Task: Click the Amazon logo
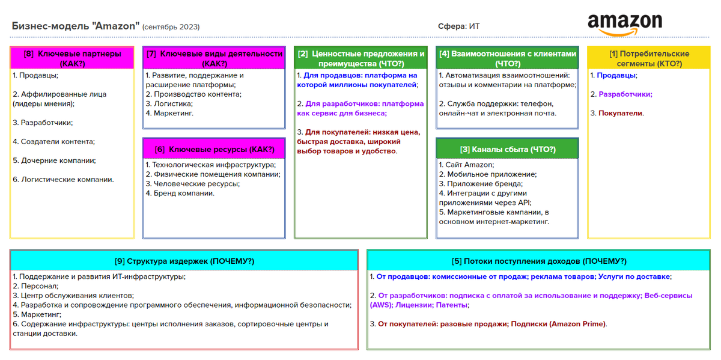click(625, 25)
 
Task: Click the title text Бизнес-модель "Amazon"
click(75, 26)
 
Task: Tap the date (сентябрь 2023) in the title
click(171, 27)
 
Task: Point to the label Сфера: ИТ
click(459, 26)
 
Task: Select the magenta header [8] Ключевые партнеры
click(72, 58)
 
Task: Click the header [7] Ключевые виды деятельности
click(214, 58)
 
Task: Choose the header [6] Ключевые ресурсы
click(214, 150)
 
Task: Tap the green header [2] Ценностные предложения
click(361, 58)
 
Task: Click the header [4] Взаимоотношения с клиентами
click(508, 58)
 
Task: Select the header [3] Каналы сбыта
click(508, 150)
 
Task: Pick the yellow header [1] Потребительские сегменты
click(650, 58)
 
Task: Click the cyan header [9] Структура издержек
click(184, 261)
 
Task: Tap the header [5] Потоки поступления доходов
click(539, 261)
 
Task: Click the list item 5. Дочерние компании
click(55, 160)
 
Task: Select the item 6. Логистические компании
click(63, 179)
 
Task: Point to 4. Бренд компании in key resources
click(180, 194)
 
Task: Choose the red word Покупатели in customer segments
click(621, 113)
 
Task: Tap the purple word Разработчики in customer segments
click(625, 94)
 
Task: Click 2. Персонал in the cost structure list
click(35, 286)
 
